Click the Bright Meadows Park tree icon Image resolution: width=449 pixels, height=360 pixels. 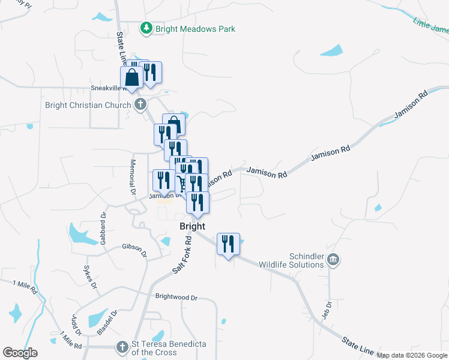tap(146, 28)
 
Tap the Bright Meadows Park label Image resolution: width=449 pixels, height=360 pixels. tap(195, 29)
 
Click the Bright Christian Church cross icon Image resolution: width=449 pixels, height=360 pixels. tap(140, 106)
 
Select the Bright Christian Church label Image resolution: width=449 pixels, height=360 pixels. tap(88, 106)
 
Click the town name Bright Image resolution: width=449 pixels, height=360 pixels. tap(193, 226)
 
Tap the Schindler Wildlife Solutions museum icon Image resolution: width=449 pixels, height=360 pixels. tap(334, 260)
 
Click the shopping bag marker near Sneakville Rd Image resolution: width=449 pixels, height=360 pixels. tap(131, 78)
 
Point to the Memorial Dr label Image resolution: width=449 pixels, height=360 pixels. tap(133, 177)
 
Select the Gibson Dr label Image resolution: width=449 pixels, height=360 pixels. tap(134, 250)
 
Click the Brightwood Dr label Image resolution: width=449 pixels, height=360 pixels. tap(176, 297)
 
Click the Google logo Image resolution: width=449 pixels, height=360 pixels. tap(20, 353)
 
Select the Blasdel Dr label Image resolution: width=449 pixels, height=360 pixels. tap(105, 323)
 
